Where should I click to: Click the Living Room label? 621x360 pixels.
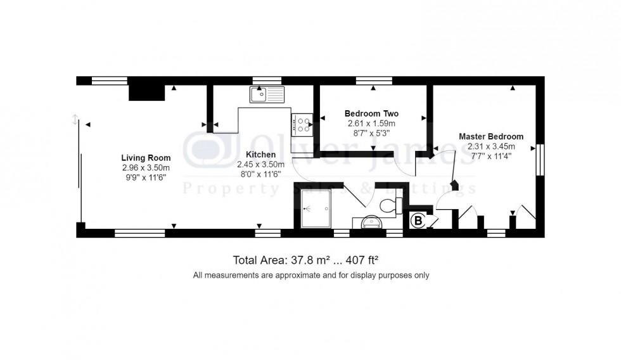(x=146, y=158)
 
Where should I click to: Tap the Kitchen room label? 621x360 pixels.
(x=261, y=155)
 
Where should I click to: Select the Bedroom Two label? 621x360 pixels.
(x=371, y=113)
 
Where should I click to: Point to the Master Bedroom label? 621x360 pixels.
(x=491, y=136)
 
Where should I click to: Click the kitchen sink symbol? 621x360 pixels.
(x=267, y=95)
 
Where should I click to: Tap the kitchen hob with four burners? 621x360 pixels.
(x=301, y=124)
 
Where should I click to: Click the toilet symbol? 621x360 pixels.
(x=392, y=203)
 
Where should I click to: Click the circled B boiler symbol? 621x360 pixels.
(x=418, y=221)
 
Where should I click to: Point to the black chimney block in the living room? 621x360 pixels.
(x=146, y=93)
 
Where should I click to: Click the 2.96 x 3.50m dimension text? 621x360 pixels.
(x=146, y=167)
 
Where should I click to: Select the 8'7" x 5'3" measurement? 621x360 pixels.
(x=371, y=133)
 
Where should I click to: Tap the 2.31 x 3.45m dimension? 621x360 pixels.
(x=491, y=146)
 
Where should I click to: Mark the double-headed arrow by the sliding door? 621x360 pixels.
(x=75, y=119)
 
